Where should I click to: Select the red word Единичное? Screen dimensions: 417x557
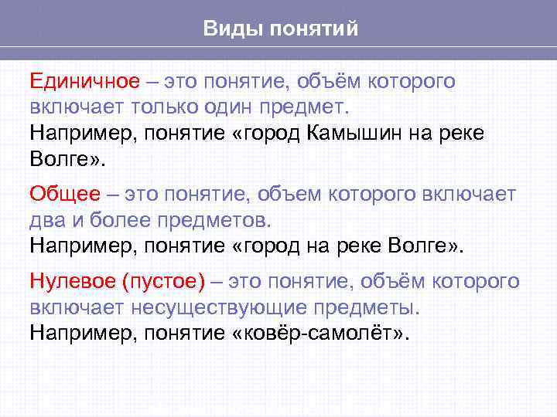pos(84,80)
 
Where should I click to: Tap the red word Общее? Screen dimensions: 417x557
pos(65,193)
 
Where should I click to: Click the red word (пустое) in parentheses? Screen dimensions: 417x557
pos(163,282)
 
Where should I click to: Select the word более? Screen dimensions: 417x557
pos(122,219)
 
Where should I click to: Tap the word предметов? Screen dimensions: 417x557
pos(217,220)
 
